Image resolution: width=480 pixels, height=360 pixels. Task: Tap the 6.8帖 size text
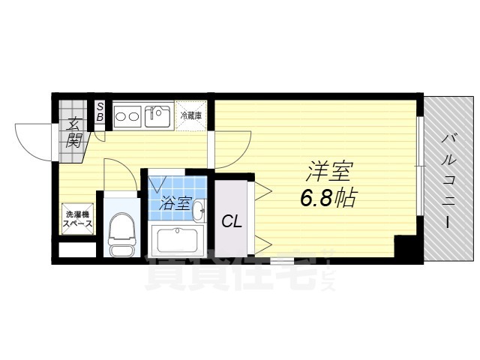tap(328, 199)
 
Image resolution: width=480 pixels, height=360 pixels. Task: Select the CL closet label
tap(230, 221)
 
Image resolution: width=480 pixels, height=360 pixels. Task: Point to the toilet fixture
tap(119, 232)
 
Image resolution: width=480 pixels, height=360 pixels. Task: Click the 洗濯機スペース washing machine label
tap(77, 219)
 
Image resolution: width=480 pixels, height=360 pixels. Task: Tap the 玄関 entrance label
tap(73, 132)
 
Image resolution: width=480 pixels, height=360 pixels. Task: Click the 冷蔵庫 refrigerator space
tap(192, 115)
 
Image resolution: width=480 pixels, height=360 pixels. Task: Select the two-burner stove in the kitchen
tap(127, 116)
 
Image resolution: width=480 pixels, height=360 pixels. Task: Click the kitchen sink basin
tap(159, 116)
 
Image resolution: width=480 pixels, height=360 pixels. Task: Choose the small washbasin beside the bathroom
tap(199, 212)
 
